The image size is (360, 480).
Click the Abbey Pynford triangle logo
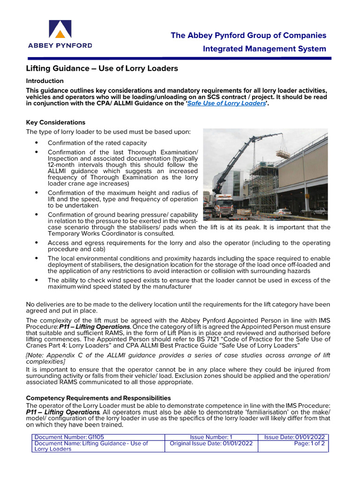coord(60,30)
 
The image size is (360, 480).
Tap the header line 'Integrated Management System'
coord(264,49)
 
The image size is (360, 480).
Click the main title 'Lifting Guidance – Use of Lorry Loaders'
coord(102,68)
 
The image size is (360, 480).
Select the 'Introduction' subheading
coord(45,81)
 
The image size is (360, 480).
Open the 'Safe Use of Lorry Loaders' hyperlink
coord(226,104)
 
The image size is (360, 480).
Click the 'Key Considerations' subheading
coord(55,122)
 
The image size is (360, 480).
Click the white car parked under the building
coord(282,212)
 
